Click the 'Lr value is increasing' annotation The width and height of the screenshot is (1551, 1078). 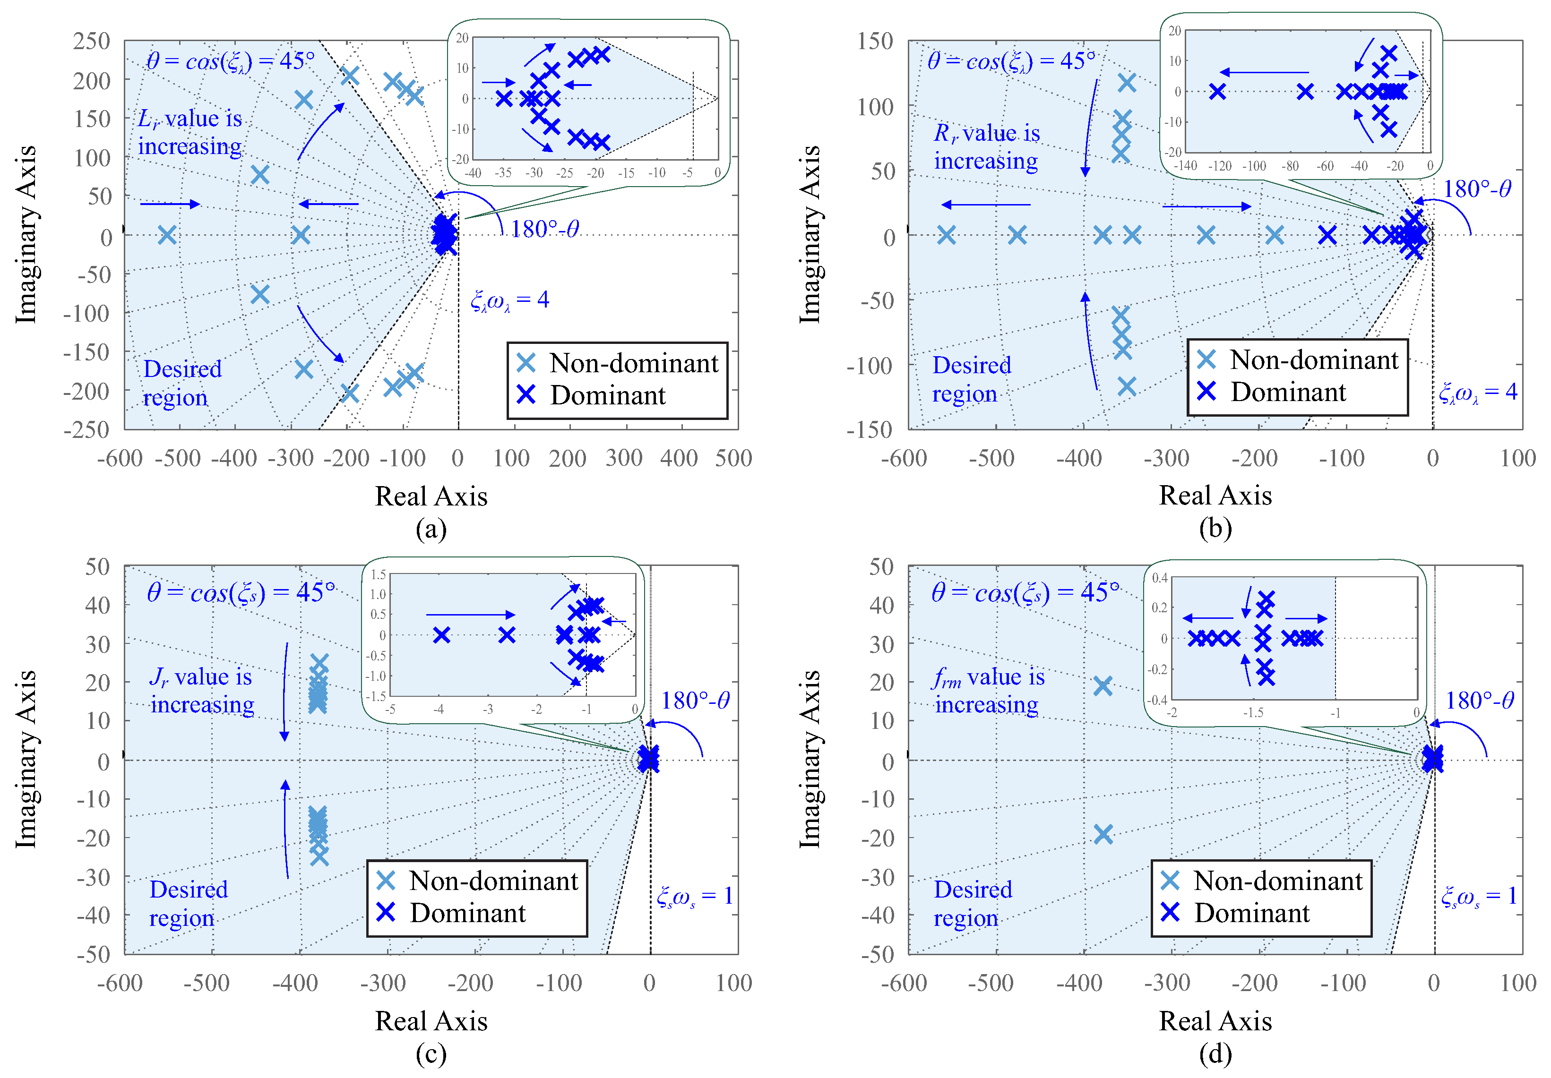pyautogui.click(x=190, y=132)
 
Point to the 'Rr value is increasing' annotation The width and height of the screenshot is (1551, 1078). pyautogui.click(x=986, y=147)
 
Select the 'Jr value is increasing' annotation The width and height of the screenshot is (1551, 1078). pyautogui.click(x=201, y=690)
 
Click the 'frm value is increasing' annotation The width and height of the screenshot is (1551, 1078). pyautogui.click(x=988, y=690)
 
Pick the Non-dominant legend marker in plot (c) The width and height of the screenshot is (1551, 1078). pyautogui.click(x=386, y=880)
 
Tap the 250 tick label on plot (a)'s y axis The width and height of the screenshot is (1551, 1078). pyautogui.click(x=92, y=41)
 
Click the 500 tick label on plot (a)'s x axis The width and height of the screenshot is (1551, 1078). pyautogui.click(x=733, y=459)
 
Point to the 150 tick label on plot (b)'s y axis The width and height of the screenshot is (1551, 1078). pyautogui.click(x=876, y=41)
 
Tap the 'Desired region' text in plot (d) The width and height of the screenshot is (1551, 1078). pyautogui.click(x=973, y=904)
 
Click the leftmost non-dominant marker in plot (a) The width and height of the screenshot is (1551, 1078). pyautogui.click(x=167, y=235)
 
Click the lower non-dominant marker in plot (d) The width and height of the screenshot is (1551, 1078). pyautogui.click(x=1103, y=834)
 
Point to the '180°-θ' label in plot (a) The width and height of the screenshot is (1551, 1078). pyautogui.click(x=544, y=230)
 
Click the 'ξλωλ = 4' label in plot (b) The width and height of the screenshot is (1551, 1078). pyautogui.click(x=1477, y=392)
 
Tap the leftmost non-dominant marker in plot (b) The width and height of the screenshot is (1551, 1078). pyautogui.click(x=947, y=235)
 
